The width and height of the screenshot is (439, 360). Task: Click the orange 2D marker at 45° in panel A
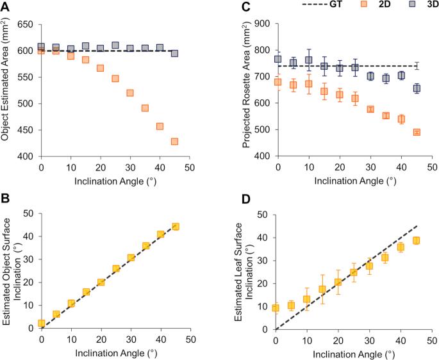click(174, 142)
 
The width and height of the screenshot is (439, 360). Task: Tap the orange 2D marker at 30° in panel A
click(130, 93)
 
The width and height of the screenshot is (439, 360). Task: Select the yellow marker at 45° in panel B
click(175, 226)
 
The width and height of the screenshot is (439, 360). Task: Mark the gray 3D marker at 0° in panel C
click(277, 59)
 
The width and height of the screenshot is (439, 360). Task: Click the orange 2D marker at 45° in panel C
click(416, 132)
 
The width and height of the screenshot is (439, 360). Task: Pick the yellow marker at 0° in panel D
click(276, 308)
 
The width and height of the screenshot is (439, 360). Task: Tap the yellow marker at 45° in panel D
click(416, 240)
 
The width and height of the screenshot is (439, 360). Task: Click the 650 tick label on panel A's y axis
click(24, 24)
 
